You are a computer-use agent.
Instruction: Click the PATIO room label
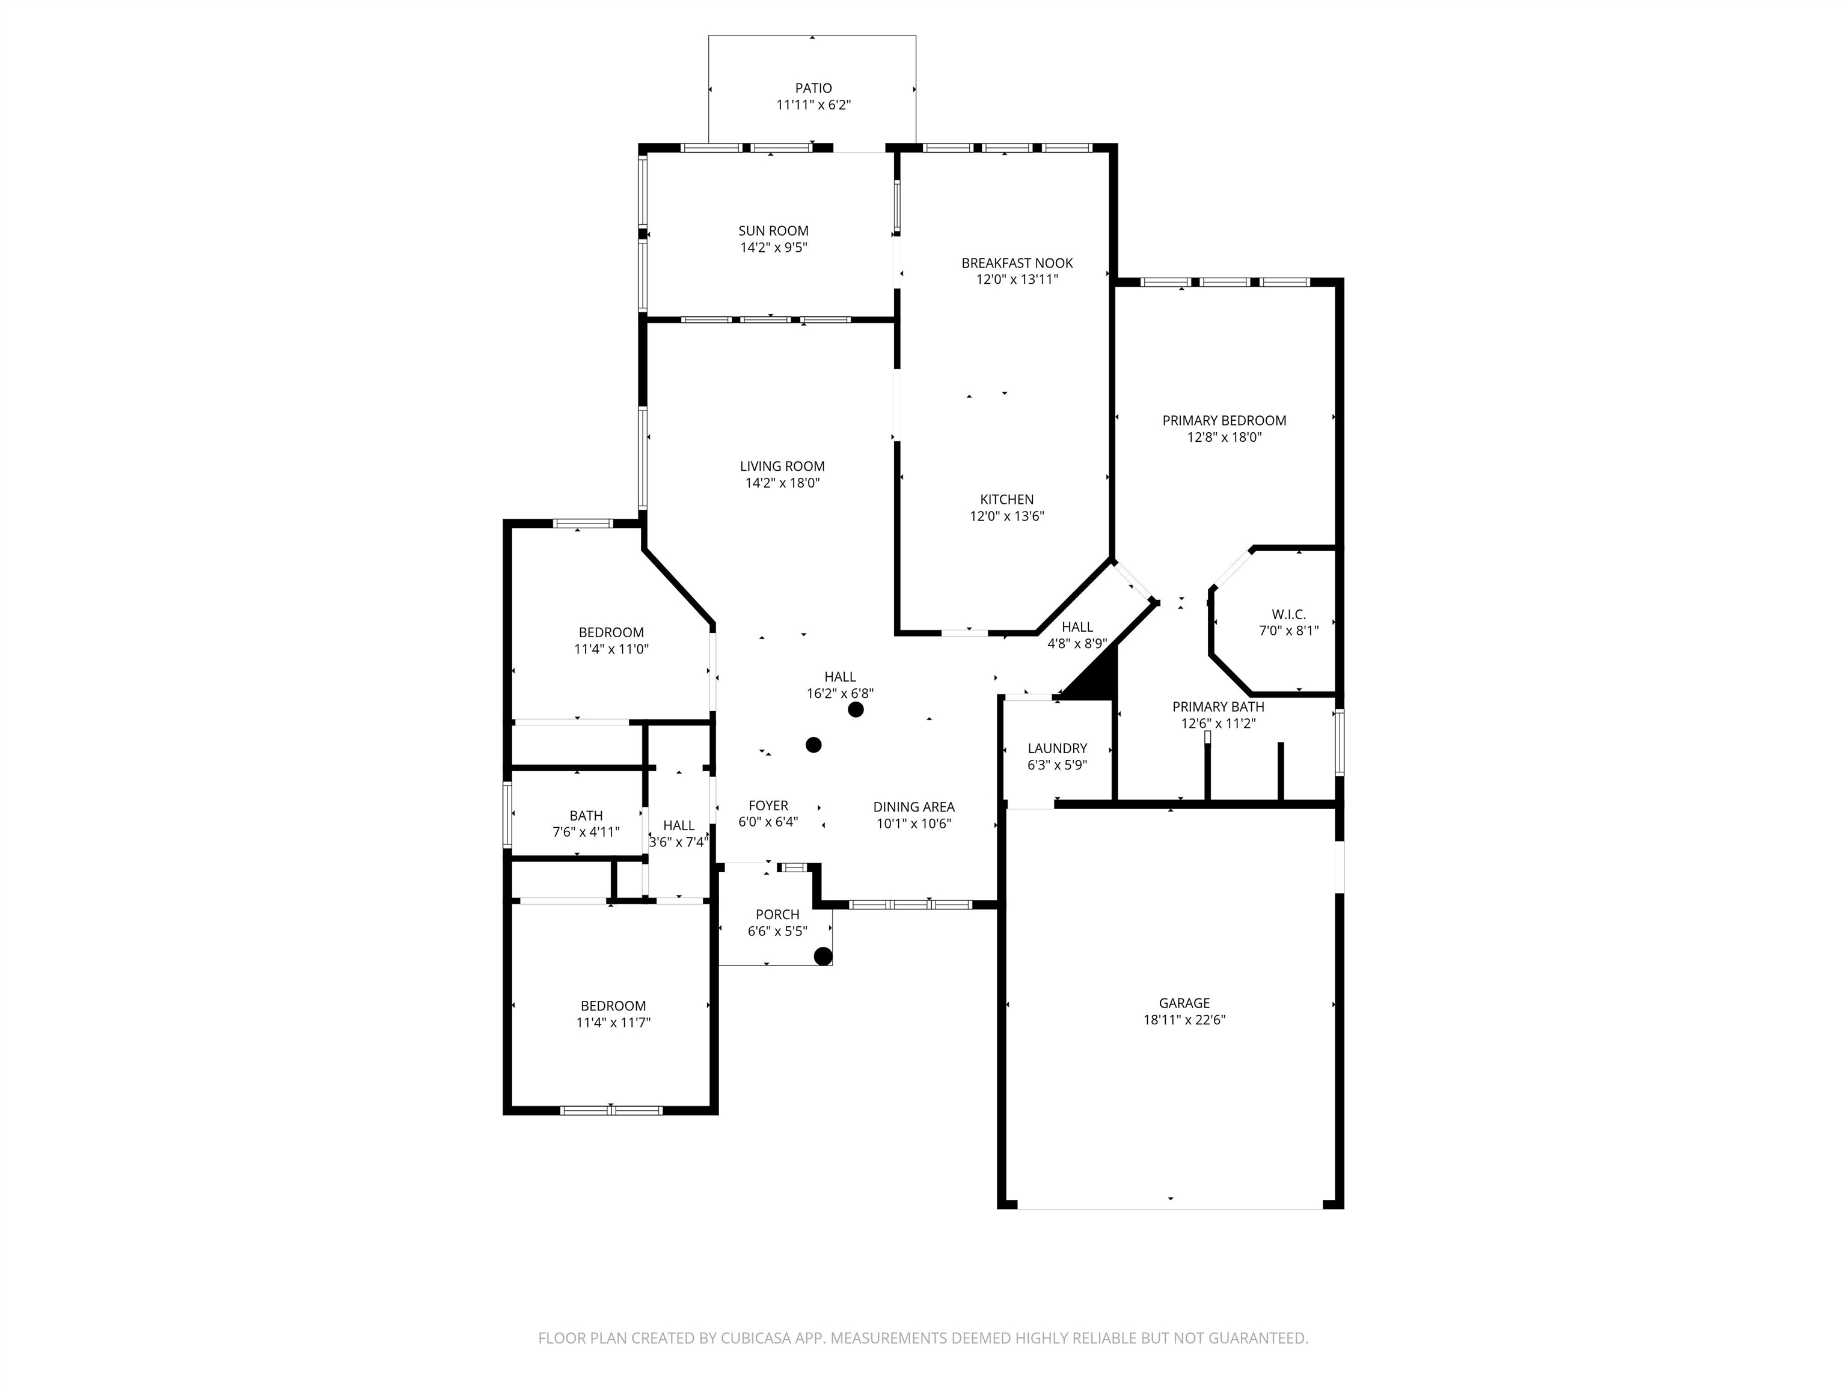pyautogui.click(x=813, y=88)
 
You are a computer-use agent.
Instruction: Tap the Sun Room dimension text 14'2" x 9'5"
pyautogui.click(x=774, y=247)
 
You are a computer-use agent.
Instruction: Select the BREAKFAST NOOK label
pyautogui.click(x=1017, y=263)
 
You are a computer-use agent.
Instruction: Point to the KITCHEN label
pyautogui.click(x=1007, y=499)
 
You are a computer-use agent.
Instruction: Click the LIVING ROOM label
pyautogui.click(x=782, y=466)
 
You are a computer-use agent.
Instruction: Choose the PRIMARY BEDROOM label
pyautogui.click(x=1224, y=420)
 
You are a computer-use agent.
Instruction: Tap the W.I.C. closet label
pyautogui.click(x=1288, y=614)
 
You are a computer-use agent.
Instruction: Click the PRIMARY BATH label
pyautogui.click(x=1218, y=706)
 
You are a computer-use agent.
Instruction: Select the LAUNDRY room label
pyautogui.click(x=1057, y=748)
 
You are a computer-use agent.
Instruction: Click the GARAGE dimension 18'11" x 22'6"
pyautogui.click(x=1184, y=1020)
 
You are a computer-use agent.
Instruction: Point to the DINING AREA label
pyautogui.click(x=913, y=807)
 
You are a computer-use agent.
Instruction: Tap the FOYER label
pyautogui.click(x=768, y=806)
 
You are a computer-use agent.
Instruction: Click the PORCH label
pyautogui.click(x=777, y=914)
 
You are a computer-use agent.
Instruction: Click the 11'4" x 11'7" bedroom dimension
pyautogui.click(x=614, y=1023)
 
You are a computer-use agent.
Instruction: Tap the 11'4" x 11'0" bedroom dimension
pyautogui.click(x=611, y=649)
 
